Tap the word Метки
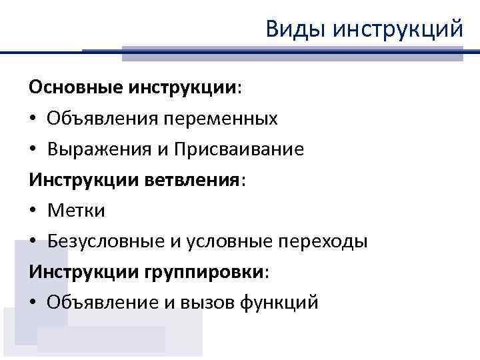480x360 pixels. click(x=76, y=211)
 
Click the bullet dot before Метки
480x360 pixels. click(x=33, y=211)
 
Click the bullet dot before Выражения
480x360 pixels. click(x=33, y=151)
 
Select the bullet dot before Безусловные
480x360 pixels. click(x=33, y=241)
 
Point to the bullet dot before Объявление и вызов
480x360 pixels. click(x=33, y=303)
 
